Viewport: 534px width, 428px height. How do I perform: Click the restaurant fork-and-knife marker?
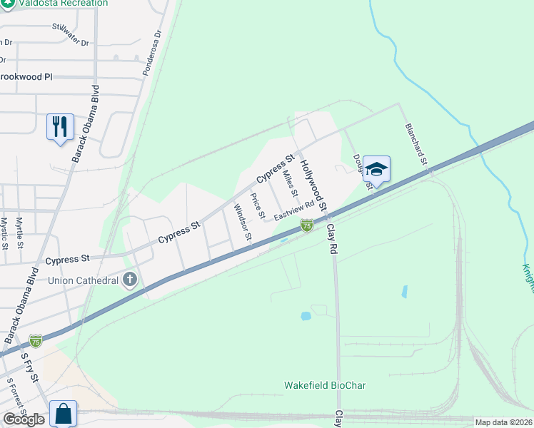(x=60, y=127)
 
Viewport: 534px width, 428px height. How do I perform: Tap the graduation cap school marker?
(x=376, y=169)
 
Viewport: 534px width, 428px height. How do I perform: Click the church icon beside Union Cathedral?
(x=129, y=279)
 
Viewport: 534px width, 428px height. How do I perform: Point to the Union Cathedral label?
(x=83, y=280)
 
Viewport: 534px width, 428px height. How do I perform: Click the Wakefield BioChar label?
(x=325, y=385)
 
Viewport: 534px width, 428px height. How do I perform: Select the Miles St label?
(x=290, y=183)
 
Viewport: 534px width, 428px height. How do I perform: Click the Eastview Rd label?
(x=294, y=209)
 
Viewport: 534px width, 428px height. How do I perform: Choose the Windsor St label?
(x=243, y=222)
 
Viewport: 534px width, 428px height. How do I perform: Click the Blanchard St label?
(x=415, y=144)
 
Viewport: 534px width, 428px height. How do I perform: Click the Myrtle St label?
(x=20, y=233)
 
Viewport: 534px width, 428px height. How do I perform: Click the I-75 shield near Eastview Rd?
(x=306, y=225)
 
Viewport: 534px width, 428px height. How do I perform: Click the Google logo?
(x=24, y=419)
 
